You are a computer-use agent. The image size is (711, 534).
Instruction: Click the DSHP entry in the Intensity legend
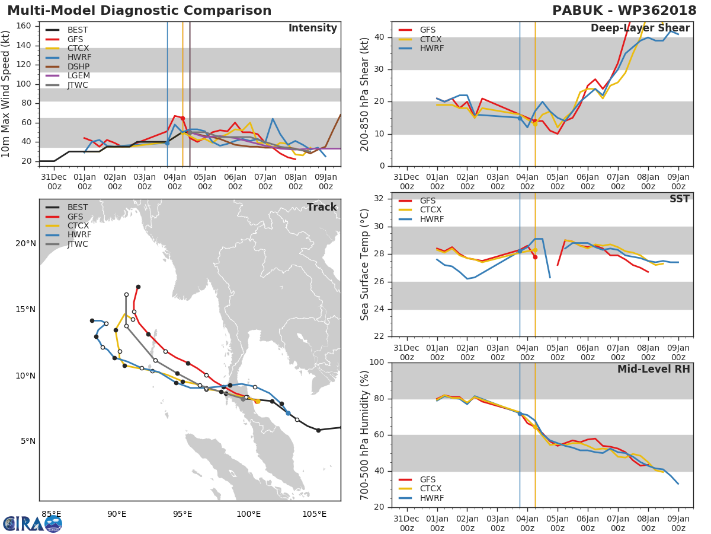click(x=68, y=66)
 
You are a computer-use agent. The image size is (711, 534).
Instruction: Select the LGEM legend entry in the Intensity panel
click(x=68, y=75)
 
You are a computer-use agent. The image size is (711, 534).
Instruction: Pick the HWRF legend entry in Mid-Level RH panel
click(x=421, y=498)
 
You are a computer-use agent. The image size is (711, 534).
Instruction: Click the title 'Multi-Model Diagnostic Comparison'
click(x=139, y=11)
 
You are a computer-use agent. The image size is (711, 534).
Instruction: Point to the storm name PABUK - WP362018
click(x=624, y=11)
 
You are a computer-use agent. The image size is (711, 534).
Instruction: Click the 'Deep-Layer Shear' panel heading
click(x=640, y=28)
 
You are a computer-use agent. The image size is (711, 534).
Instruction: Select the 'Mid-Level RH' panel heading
click(x=654, y=369)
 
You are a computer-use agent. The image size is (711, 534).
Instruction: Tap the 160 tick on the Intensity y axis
click(x=24, y=26)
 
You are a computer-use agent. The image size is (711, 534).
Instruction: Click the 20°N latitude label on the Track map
click(x=25, y=243)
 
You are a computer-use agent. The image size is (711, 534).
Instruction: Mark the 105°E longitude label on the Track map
click(x=314, y=514)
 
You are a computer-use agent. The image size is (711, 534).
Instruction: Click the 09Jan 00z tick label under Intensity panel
click(x=325, y=182)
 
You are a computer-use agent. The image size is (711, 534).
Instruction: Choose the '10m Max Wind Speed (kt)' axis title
click(x=5, y=94)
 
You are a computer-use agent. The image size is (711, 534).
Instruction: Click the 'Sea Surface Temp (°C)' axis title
click(x=364, y=265)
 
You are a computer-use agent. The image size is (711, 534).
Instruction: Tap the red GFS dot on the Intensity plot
click(x=182, y=119)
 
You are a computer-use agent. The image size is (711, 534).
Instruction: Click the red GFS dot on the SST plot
click(x=535, y=257)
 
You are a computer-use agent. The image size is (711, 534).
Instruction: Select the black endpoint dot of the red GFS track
click(x=138, y=287)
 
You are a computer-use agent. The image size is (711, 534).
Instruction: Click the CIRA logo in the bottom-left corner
click(x=33, y=524)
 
